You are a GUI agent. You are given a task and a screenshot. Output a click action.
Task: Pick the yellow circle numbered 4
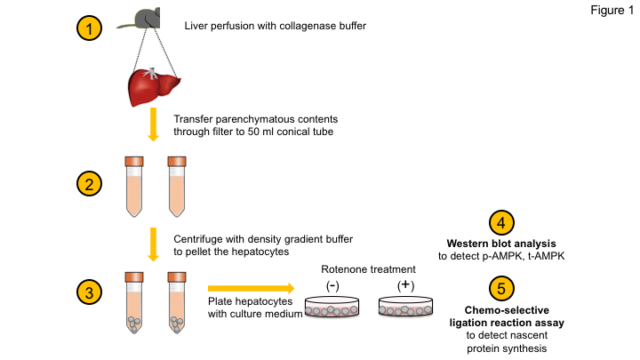[x=501, y=223]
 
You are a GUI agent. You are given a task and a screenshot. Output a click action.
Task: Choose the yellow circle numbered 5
[x=501, y=287]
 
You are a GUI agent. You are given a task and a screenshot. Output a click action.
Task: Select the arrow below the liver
[x=153, y=125]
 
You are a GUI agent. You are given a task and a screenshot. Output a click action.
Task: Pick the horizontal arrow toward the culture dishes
[x=250, y=288]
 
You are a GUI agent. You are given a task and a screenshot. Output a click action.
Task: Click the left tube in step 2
[x=133, y=188]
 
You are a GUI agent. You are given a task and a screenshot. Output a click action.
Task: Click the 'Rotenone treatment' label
[x=368, y=269]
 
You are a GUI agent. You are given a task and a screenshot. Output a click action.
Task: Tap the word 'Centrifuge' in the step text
[x=202, y=237]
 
